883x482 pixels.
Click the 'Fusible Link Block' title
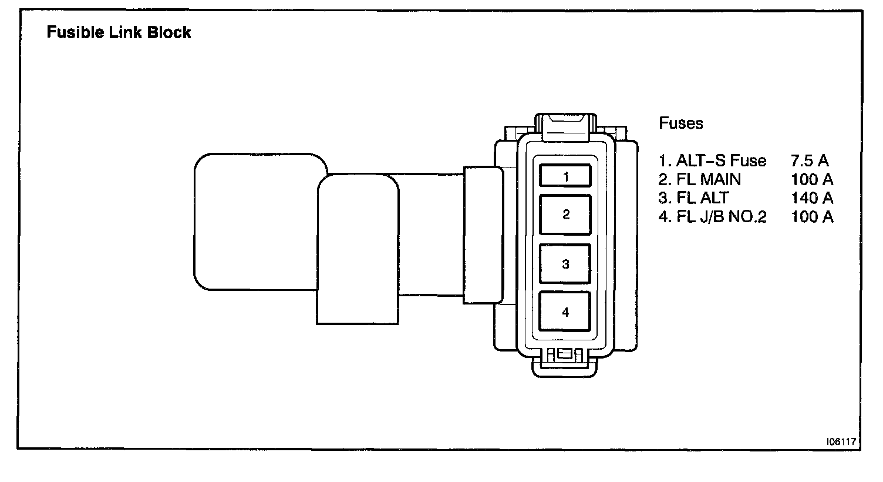point(119,32)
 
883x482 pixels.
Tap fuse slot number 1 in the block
point(565,176)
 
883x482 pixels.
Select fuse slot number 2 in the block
point(565,215)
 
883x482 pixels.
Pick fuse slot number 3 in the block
point(565,264)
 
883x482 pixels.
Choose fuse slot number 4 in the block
point(565,312)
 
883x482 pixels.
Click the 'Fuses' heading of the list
point(681,123)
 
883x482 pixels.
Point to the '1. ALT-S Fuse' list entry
point(712,161)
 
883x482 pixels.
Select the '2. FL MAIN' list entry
point(700,179)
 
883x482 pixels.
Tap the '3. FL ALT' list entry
point(693,198)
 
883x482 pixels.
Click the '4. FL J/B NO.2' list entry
point(713,217)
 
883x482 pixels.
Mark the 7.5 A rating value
point(810,161)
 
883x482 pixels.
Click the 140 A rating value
point(812,198)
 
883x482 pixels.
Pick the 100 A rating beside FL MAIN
point(812,179)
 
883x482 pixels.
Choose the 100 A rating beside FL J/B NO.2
point(812,217)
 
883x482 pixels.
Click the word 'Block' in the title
point(169,32)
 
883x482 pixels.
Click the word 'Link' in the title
point(127,32)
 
